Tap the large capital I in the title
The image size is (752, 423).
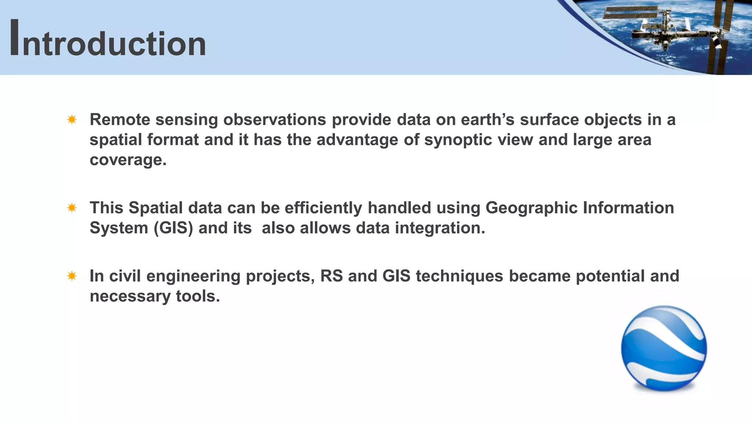pyautogui.click(x=15, y=38)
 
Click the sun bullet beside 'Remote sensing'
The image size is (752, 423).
pyautogui.click(x=72, y=120)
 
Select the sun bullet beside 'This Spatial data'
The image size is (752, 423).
pyautogui.click(x=72, y=208)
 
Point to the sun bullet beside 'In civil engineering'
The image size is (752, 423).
pyautogui.click(x=72, y=276)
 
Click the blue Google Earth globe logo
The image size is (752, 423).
pyautogui.click(x=664, y=348)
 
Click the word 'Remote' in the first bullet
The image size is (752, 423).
pyautogui.click(x=120, y=120)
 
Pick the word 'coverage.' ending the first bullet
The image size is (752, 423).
pyautogui.click(x=128, y=160)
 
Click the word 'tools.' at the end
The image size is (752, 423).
pyautogui.click(x=198, y=296)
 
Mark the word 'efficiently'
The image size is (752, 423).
pyautogui.click(x=323, y=208)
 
